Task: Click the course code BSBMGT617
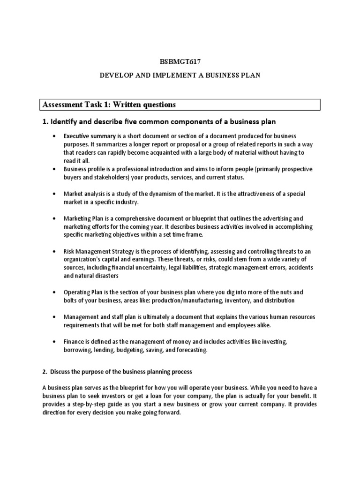point(180,61)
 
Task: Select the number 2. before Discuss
point(45,372)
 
